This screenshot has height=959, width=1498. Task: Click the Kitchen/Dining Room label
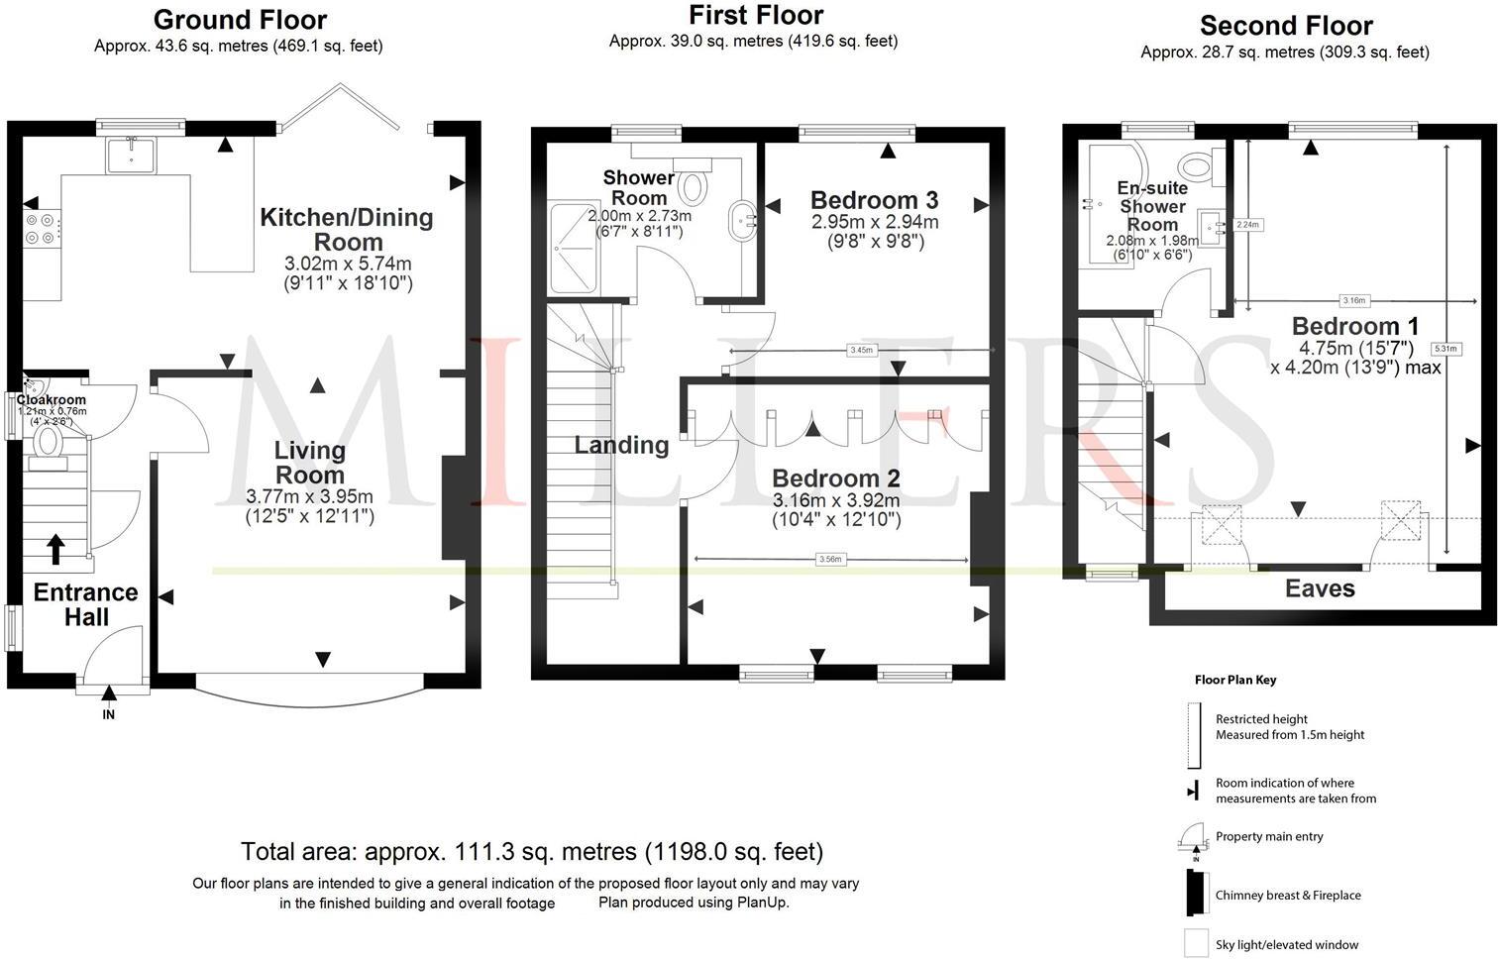tap(347, 229)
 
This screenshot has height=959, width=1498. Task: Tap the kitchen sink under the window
tap(131, 155)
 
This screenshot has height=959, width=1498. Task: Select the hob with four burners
tap(42, 229)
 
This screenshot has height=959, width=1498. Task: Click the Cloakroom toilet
tap(47, 442)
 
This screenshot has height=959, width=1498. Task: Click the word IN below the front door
tap(109, 714)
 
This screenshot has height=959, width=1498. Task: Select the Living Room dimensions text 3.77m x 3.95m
tap(309, 497)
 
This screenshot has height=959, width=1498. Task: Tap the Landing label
tap(621, 445)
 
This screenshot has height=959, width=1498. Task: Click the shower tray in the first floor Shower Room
tap(574, 249)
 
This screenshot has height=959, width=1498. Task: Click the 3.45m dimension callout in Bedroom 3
tap(862, 350)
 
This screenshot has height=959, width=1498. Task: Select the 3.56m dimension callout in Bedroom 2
tap(830, 560)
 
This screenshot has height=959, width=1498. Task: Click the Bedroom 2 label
tap(836, 479)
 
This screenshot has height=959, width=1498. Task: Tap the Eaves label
tap(1320, 589)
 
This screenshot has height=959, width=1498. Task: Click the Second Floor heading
tap(1286, 25)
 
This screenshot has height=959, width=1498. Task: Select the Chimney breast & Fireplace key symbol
tap(1195, 894)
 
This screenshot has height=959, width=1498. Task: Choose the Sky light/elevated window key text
tap(1287, 945)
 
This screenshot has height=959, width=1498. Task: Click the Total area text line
tap(532, 851)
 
